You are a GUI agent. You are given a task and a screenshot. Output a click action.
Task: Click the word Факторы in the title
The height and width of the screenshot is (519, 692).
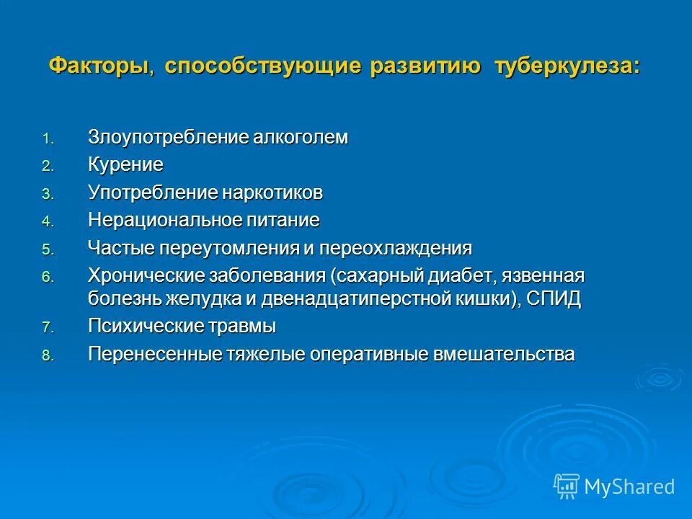(99, 66)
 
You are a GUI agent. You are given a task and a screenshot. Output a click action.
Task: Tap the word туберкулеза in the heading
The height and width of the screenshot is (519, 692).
(567, 66)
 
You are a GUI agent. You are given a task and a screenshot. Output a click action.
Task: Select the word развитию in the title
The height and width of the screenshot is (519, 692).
(425, 66)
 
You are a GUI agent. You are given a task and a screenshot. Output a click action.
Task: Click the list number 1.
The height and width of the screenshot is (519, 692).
(47, 139)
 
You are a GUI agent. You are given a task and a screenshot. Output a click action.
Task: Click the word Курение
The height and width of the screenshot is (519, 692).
(126, 165)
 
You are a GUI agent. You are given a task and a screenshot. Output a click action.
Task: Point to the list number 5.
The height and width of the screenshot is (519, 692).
(47, 250)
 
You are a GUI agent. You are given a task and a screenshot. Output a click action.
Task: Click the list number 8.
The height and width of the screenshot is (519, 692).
(47, 355)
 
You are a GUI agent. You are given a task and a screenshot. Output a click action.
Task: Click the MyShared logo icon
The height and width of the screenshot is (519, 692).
(567, 487)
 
